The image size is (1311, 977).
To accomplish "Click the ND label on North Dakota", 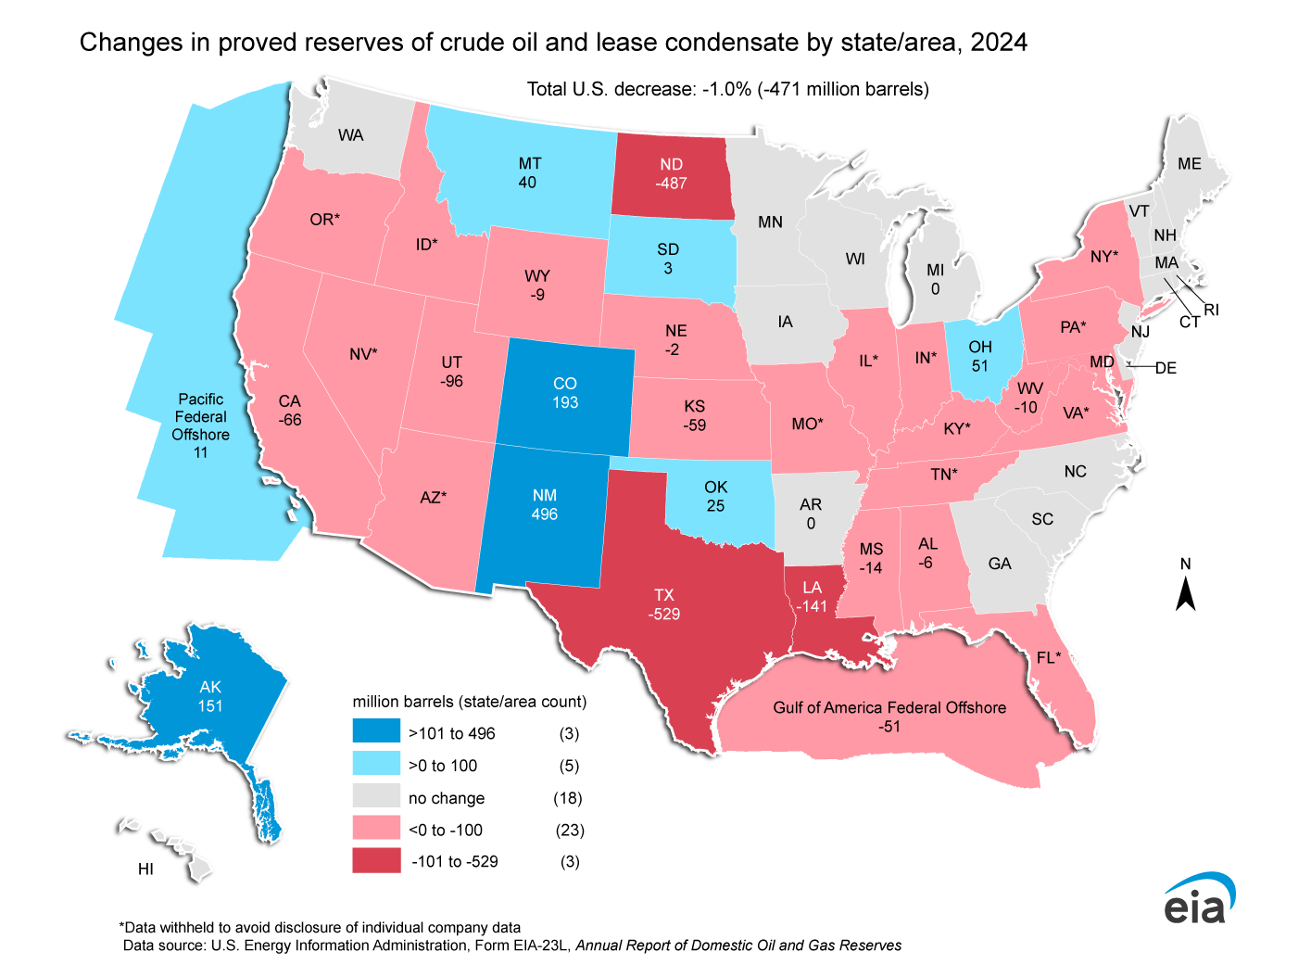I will pos(671,164).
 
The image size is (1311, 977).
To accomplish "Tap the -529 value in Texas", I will pos(664,614).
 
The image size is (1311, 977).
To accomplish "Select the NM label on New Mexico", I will pos(544,495).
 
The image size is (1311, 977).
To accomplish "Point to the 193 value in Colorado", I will pos(565,402).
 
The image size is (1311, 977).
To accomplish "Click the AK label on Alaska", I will pos(210,687).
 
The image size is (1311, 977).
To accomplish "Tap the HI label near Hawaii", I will pos(145,869).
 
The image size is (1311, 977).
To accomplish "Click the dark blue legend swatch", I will pos(376,732).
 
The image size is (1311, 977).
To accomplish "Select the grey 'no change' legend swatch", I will pos(376,797).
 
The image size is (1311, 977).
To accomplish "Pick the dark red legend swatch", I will pos(376,861).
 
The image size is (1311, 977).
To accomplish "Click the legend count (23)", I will pos(570,830).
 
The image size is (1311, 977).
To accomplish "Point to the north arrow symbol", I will pos(1185,593).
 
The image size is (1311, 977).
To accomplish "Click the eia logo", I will pos(1199,899).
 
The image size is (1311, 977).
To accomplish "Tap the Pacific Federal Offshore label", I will pos(200,416).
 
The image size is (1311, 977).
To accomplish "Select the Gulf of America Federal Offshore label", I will pos(889,707).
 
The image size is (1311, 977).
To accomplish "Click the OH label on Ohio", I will pos(980,347).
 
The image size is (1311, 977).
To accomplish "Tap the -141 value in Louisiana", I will pos(812,606).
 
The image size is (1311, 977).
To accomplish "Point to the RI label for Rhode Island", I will pos(1211,310).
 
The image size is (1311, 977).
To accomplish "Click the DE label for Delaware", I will pos(1166,368).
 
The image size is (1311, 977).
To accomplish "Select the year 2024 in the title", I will pos(999,43).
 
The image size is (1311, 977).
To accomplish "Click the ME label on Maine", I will pos(1189,163).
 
